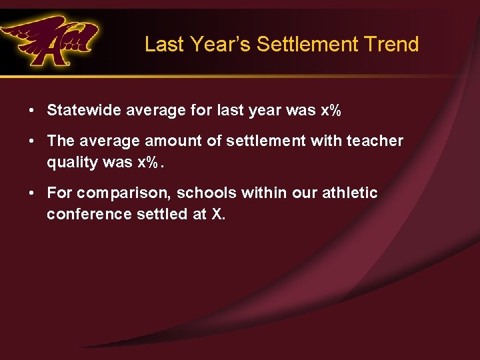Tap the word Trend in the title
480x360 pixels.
tap(391, 45)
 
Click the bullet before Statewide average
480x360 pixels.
tap(32, 110)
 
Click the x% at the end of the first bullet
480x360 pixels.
tap(331, 110)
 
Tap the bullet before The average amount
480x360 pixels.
tap(32, 141)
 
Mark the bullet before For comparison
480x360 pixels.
tap(32, 193)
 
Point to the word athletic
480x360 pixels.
tap(350, 193)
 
